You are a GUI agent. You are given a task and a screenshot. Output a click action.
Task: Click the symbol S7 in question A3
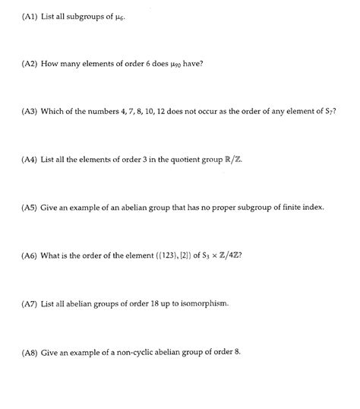pos(330,113)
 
